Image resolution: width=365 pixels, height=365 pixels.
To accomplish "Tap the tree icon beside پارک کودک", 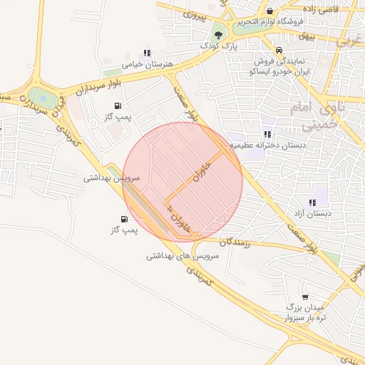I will pos(217,34).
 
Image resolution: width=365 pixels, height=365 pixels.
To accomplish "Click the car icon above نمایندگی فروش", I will pos(279,51).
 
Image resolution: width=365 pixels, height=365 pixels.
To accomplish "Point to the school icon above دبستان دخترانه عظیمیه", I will pos(267,133).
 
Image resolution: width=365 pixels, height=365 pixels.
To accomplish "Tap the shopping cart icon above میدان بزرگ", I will pos(305,296).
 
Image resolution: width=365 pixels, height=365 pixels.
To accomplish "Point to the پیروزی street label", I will pos(194,14).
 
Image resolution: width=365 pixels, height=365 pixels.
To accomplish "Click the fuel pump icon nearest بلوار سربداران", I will pos(117,106).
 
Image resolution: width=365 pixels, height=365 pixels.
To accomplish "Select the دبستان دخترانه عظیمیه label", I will pos(273,145).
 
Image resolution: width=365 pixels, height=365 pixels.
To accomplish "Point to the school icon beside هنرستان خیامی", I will pos(148,53).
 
